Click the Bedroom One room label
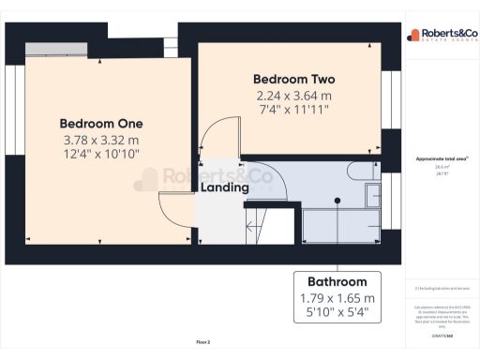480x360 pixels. point(101,123)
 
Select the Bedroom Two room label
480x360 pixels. point(295,80)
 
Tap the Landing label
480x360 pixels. point(225,187)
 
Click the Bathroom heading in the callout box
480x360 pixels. point(337,281)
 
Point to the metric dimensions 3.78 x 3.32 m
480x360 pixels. point(101,141)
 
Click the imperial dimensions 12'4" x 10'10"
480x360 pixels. point(101,155)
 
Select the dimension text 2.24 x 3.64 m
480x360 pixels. point(295,96)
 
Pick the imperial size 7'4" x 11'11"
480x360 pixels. point(295,110)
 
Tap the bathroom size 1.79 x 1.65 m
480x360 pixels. point(337,298)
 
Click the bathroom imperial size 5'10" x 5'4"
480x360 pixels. point(337,313)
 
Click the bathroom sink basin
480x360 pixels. point(372,195)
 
